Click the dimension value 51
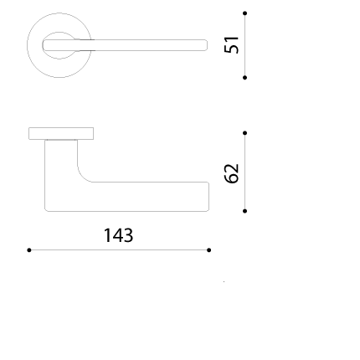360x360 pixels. pyautogui.click(x=232, y=44)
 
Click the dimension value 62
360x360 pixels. pyautogui.click(x=232, y=173)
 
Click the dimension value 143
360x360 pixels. pyautogui.click(x=118, y=235)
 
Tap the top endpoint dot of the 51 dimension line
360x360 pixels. pyautogui.click(x=244, y=13)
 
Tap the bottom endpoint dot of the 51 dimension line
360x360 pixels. pyautogui.click(x=244, y=78)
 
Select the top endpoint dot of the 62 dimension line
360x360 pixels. pyautogui.click(x=244, y=133)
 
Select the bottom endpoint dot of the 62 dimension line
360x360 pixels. pyautogui.click(x=244, y=211)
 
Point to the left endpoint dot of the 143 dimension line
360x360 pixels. pyautogui.click(x=29, y=250)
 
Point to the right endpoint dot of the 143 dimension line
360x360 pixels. pyautogui.click(x=209, y=250)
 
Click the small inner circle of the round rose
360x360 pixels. pyautogui.click(x=59, y=32)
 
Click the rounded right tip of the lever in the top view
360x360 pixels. pyautogui.click(x=206, y=45)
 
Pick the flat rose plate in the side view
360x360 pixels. pyautogui.click(x=61, y=134)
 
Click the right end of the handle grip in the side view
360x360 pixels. pyautogui.click(x=208, y=197)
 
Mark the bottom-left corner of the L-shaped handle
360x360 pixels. pyautogui.click(x=45, y=211)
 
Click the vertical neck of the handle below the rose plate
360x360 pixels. pyautogui.click(x=61, y=159)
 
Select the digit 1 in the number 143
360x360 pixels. pyautogui.click(x=107, y=235)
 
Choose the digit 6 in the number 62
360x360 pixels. pyautogui.click(x=232, y=178)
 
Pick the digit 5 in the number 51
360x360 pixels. pyautogui.click(x=232, y=49)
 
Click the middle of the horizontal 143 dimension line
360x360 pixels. pyautogui.click(x=119, y=250)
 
